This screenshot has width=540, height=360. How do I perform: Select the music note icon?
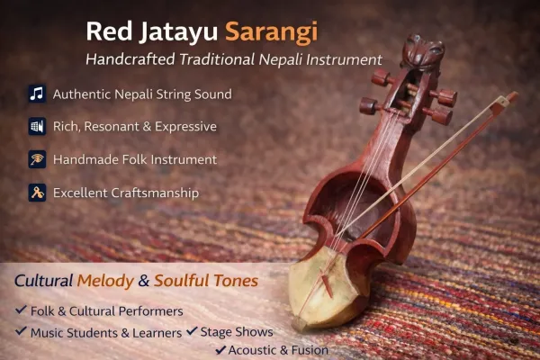pyautogui.click(x=37, y=94)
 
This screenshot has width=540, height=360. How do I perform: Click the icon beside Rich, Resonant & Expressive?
pyautogui.click(x=37, y=127)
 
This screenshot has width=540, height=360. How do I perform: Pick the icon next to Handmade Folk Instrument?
pyautogui.click(x=37, y=159)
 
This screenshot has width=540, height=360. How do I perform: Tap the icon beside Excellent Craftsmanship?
pyautogui.click(x=37, y=193)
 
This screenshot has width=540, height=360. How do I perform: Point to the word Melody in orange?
pyautogui.click(x=104, y=282)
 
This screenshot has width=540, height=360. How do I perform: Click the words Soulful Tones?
pyautogui.click(x=206, y=282)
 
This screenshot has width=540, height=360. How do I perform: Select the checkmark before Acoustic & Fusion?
pyautogui.click(x=220, y=350)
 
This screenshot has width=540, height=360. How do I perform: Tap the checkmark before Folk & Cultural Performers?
pyautogui.click(x=22, y=311)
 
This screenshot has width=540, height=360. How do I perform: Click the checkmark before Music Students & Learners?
pyautogui.click(x=22, y=332)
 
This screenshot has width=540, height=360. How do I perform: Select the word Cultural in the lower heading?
pyautogui.click(x=43, y=282)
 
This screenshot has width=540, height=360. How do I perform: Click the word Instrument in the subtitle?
pyautogui.click(x=342, y=59)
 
